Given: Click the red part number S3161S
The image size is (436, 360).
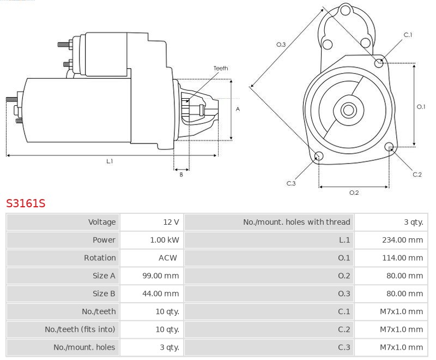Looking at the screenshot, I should click(26, 203).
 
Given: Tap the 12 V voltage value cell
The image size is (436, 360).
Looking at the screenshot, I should click(171, 222).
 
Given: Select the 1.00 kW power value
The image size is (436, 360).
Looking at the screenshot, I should click(165, 240).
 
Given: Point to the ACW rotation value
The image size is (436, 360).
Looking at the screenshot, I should click(168, 258).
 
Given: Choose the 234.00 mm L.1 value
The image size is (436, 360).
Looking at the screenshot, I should click(403, 240).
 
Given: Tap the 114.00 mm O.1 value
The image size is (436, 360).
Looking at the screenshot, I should click(403, 258).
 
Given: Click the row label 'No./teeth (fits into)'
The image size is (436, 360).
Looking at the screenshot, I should click(80, 329).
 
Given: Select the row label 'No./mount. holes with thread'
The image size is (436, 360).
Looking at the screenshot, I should click(296, 222).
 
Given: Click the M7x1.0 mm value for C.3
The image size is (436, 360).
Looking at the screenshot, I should click(401, 347).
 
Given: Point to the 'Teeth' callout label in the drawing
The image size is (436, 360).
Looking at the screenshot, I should click(221, 68).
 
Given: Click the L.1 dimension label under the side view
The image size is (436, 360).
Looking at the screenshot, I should click(110, 161).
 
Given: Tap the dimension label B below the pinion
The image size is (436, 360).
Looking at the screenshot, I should click(181, 175).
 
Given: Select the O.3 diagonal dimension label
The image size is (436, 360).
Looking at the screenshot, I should click(281, 45).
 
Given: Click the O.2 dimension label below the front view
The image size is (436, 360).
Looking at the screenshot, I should click(354, 193).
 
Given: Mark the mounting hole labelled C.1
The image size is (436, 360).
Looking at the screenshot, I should click(379, 63).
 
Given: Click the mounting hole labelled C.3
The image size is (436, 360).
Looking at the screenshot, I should click(319, 157).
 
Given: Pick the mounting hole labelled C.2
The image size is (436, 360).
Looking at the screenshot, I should click(389, 147).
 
